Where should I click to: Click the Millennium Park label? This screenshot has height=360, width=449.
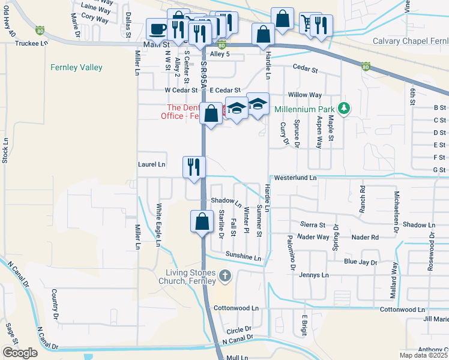click(303, 110)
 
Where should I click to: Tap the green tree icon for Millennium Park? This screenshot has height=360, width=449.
click(344, 108)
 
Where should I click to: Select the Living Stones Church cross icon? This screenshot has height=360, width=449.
click(224, 276)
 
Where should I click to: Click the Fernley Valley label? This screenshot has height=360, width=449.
click(76, 68)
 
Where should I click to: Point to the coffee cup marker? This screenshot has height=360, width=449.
click(158, 29)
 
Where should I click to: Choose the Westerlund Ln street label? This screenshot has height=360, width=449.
click(295, 178)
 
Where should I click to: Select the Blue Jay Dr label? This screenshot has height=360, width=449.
click(361, 262)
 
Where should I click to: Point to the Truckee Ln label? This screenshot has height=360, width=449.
click(31, 43)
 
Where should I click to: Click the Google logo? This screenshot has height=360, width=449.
click(20, 352)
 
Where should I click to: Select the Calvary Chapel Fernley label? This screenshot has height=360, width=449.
click(410, 41)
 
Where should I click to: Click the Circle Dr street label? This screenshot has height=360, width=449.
click(239, 331)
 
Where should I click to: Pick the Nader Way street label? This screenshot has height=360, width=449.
click(313, 237)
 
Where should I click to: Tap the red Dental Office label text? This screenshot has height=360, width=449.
click(183, 112)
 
